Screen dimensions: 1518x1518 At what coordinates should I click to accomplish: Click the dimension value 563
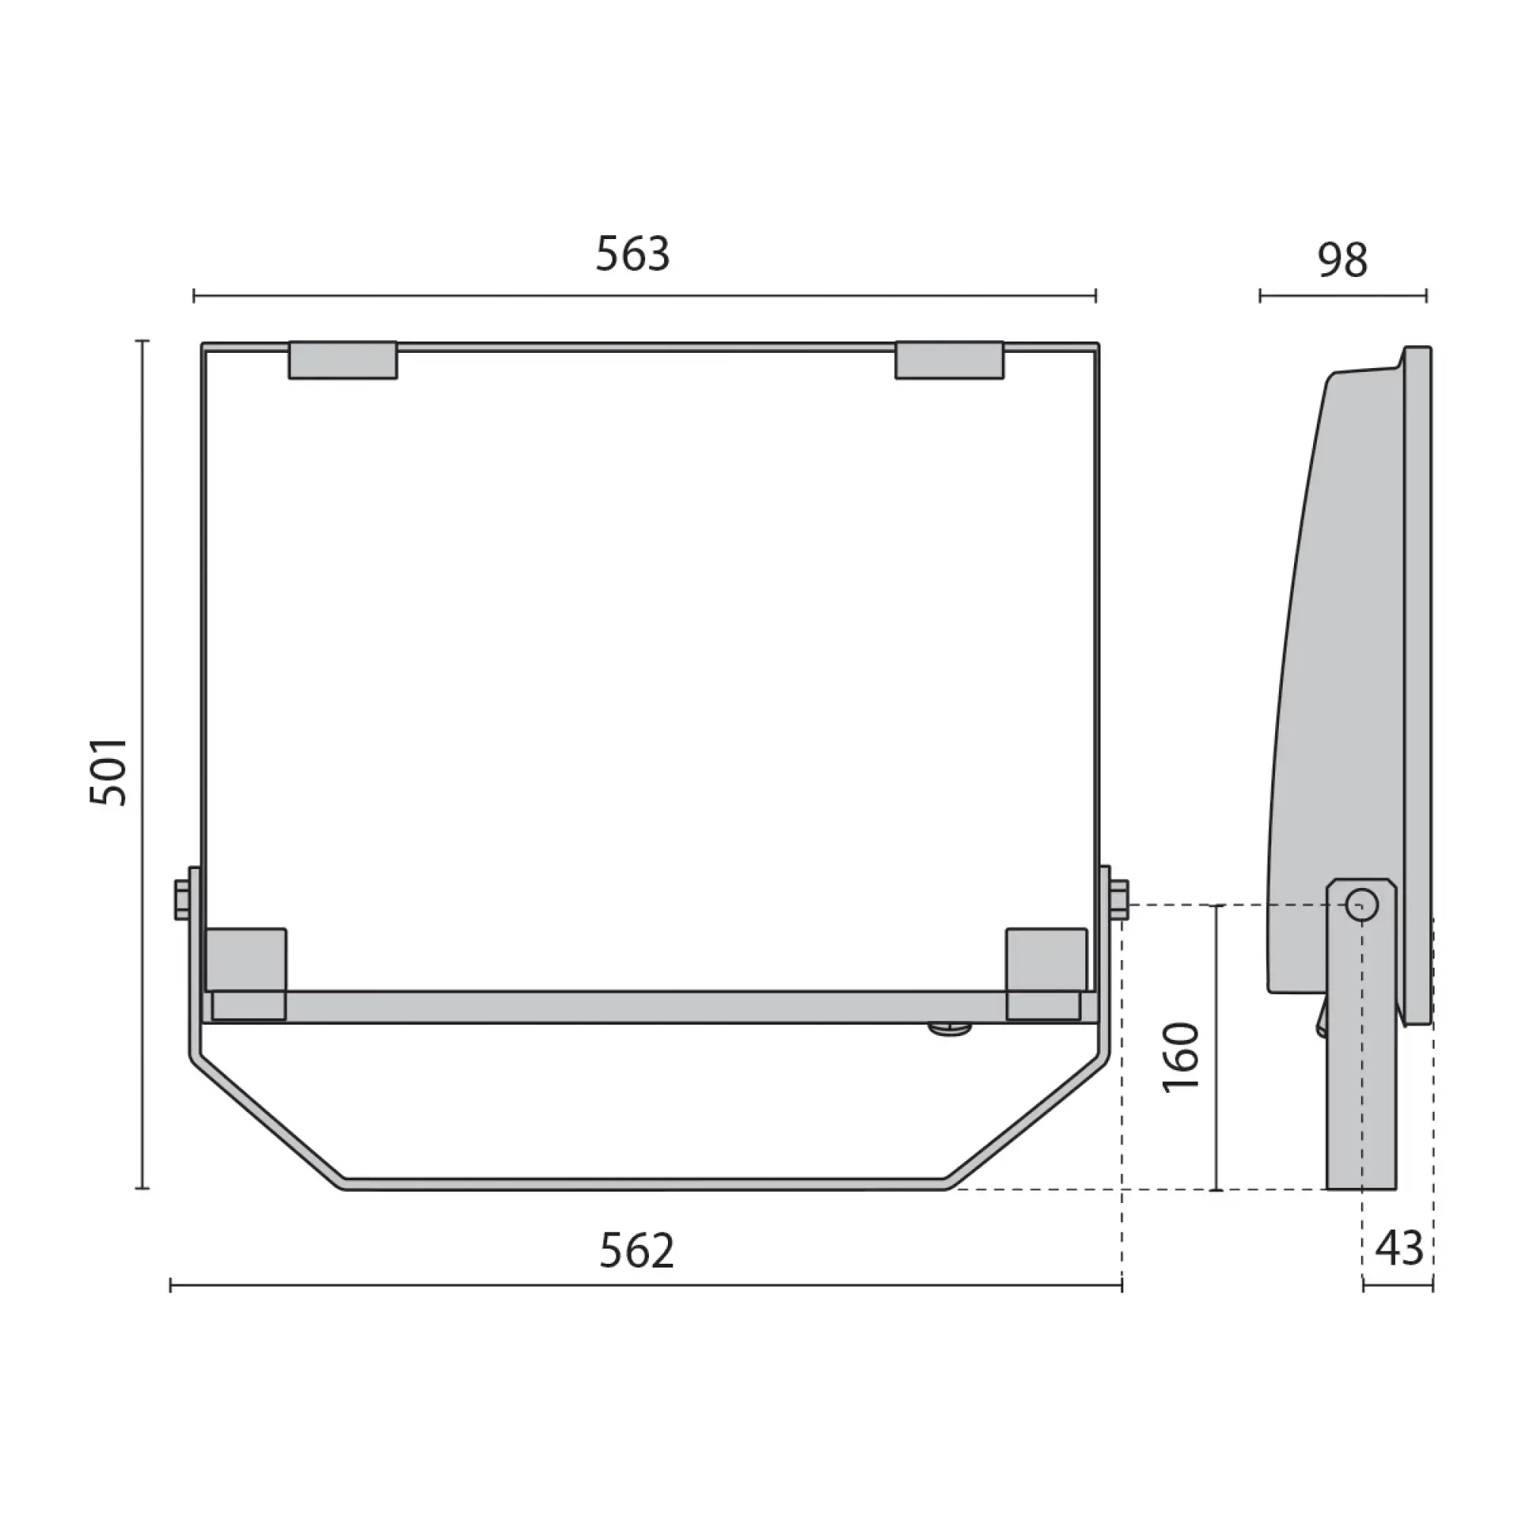[632, 254]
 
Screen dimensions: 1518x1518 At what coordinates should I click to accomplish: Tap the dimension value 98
[1343, 260]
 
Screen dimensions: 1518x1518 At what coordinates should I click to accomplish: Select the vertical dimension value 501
[108, 771]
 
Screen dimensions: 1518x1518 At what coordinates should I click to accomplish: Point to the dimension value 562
[637, 1250]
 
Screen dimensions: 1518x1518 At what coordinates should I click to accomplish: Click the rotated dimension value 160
[1181, 1056]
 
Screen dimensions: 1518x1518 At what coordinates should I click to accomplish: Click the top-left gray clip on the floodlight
[342, 361]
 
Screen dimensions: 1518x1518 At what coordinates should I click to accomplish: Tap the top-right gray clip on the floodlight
[950, 361]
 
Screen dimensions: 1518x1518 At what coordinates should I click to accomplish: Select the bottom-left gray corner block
[246, 975]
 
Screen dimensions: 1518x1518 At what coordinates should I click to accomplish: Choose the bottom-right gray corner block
[1047, 975]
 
